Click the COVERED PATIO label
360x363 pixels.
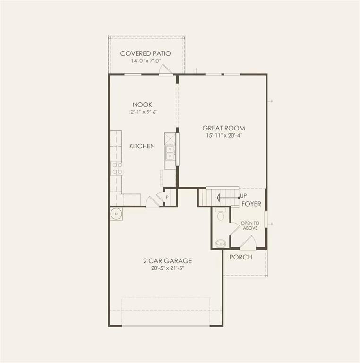click(x=145, y=53)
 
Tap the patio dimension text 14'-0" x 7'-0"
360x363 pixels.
click(x=145, y=61)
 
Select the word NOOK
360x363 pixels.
click(x=142, y=104)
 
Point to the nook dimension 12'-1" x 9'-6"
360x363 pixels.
click(x=142, y=112)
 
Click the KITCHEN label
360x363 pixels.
click(x=142, y=146)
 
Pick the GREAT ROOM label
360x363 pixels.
click(x=223, y=128)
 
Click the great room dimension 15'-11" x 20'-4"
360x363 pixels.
click(x=223, y=135)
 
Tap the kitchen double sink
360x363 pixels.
click(x=170, y=152)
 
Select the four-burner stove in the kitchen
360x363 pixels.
click(x=116, y=168)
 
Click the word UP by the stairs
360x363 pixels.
click(x=243, y=196)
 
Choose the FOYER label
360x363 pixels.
click(x=251, y=204)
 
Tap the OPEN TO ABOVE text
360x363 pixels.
click(x=249, y=225)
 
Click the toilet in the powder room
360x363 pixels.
click(x=221, y=216)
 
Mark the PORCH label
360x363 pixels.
click(x=240, y=257)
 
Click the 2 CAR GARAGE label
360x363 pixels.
click(x=167, y=260)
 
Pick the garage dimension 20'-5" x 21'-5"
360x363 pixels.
click(x=167, y=268)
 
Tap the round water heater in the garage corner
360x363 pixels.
click(x=116, y=214)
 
